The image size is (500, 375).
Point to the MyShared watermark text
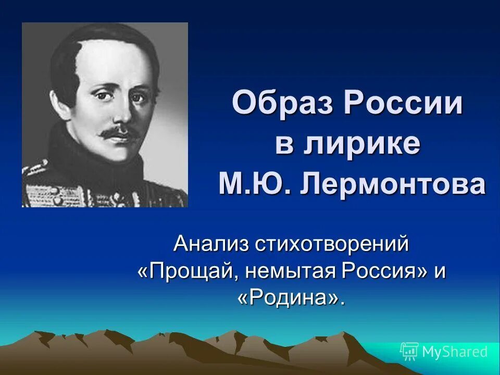click(455, 352)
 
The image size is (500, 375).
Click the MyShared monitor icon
click(409, 352)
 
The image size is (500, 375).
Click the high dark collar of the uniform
click(78, 156)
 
